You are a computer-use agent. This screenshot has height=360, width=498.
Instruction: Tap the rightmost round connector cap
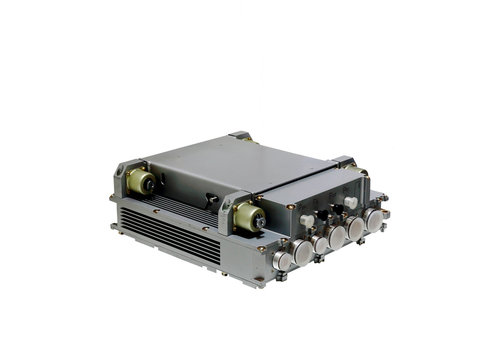[375, 219]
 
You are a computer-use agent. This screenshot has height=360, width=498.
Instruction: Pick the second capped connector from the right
[355, 228]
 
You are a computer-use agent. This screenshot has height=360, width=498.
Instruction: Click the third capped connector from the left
[320, 241]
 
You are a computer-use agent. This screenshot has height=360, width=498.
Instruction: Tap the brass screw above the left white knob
[291, 207]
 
